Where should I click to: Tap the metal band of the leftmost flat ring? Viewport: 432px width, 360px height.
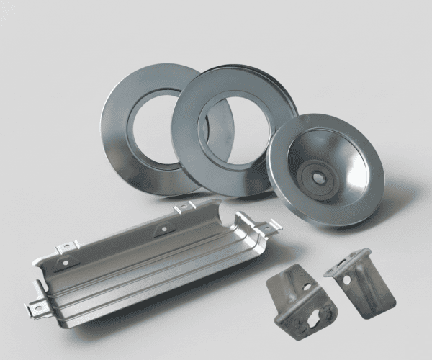(115, 130)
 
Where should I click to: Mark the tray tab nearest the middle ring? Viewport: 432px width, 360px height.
(184, 207)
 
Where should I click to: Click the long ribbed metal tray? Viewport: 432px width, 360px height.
(144, 266)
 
